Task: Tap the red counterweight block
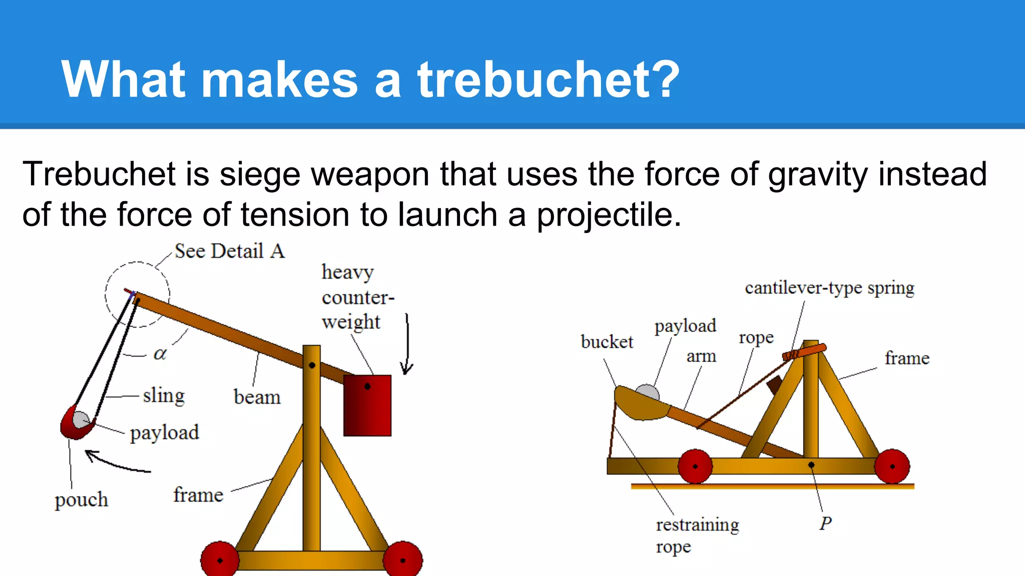coord(367,406)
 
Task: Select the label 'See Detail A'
coord(229,251)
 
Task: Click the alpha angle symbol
coord(160,354)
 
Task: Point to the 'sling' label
coord(164,395)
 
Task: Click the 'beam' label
coord(257,397)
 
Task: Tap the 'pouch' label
coord(81,499)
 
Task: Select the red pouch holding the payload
coord(75,425)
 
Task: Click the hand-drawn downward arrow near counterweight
coord(407,345)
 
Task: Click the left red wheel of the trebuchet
coord(219,560)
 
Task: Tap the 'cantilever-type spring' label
coord(829,288)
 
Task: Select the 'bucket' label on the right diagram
coord(607,342)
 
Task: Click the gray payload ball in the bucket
coord(647,392)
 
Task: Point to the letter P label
coord(825,523)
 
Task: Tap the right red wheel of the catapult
coord(892,466)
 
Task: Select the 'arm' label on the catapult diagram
coord(701,356)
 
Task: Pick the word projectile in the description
coord(609,215)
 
